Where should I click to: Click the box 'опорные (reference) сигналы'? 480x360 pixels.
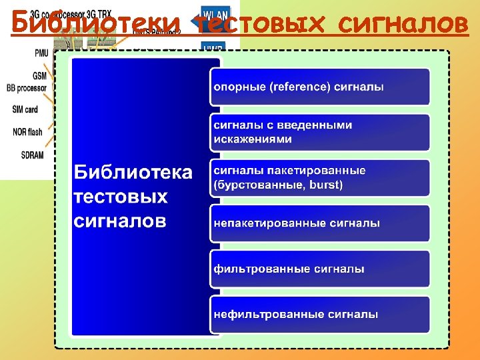(320, 87)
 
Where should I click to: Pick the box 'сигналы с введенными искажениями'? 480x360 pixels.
(320, 132)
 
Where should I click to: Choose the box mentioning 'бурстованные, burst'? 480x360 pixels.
(320, 177)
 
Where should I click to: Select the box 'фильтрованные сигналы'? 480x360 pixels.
(320, 269)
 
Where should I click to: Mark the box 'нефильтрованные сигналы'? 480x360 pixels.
(320, 313)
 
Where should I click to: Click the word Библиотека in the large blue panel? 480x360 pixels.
(133, 173)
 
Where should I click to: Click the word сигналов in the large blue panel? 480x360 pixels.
(120, 221)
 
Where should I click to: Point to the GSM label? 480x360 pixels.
(39, 75)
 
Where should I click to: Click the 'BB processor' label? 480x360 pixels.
(27, 87)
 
